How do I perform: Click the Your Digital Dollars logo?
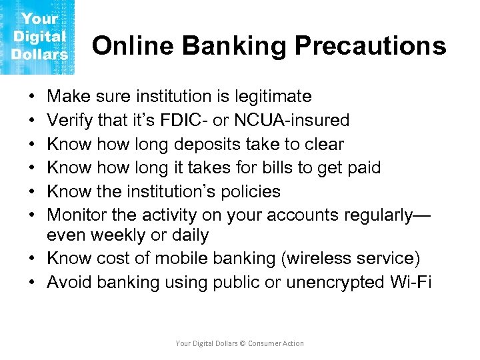[x=38, y=37]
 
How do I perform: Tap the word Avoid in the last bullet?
[x=69, y=283]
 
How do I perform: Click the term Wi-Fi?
[x=413, y=283]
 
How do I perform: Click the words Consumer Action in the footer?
[x=276, y=343]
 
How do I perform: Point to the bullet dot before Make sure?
[x=33, y=97]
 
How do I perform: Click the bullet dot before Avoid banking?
[x=33, y=283]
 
